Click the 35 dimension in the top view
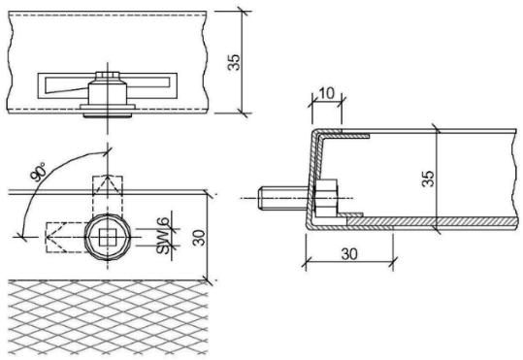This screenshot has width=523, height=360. (x=234, y=62)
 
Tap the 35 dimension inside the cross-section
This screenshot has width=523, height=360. (x=428, y=179)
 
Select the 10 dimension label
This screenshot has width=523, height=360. (x=326, y=94)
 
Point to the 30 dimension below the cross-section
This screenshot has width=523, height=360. (x=349, y=254)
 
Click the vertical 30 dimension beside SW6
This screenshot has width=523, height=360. (x=200, y=238)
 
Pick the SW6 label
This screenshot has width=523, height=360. (x=163, y=236)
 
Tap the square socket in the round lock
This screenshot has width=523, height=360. (x=108, y=237)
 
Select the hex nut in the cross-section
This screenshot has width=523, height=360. (x=326, y=198)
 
